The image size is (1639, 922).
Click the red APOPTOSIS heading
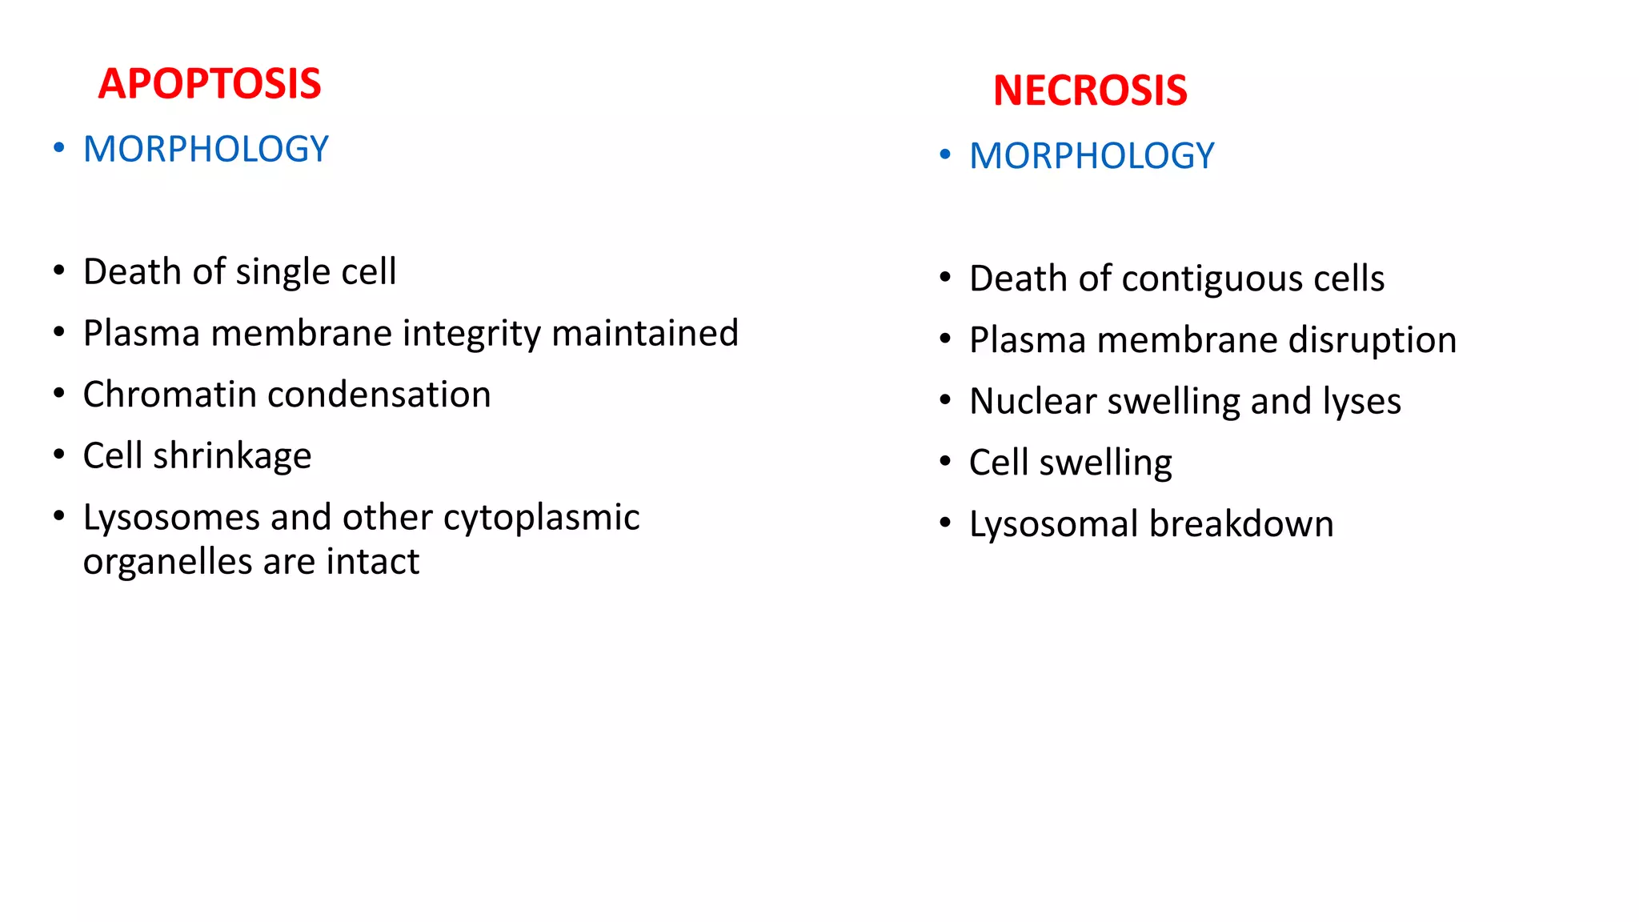coord(210,84)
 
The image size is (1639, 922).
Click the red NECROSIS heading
coord(1090,90)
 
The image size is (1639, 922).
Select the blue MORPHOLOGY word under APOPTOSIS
coord(206,150)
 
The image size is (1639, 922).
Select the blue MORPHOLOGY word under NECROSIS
coord(1092,156)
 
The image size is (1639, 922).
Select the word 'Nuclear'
coord(1032,401)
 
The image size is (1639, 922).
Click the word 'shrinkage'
coord(232,457)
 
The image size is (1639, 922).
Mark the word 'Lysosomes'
coord(171,518)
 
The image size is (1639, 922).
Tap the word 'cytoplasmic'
coord(541,519)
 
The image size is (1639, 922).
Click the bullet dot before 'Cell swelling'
coord(945,461)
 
